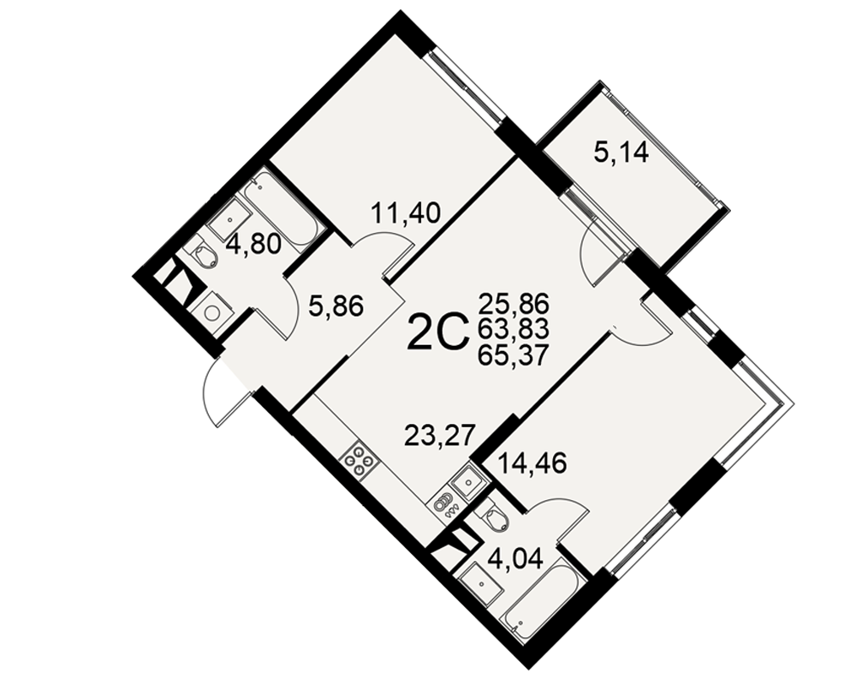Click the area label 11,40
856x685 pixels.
(x=405, y=212)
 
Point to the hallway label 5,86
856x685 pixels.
(x=336, y=307)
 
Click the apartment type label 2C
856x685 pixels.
(x=438, y=331)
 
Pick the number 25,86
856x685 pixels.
(x=513, y=302)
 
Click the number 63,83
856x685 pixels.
(x=513, y=330)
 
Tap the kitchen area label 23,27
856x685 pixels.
(x=437, y=435)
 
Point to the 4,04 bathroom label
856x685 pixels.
(x=517, y=558)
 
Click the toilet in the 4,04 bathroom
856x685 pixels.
(x=495, y=518)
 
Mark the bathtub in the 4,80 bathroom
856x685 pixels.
(x=281, y=212)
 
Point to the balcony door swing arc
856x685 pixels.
(x=591, y=257)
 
